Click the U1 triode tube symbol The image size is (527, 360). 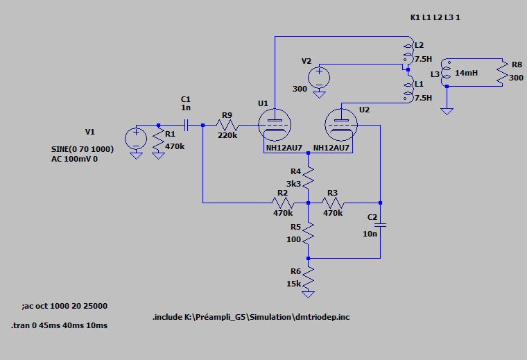click(275, 125)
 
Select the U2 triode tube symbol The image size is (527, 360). click(341, 125)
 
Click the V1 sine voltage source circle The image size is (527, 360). click(136, 139)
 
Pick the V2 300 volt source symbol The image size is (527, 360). click(319, 78)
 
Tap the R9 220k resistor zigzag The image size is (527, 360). click(227, 125)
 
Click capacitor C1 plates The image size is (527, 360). click(186, 125)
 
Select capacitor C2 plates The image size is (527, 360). click(380, 225)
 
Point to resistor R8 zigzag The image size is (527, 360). click(503, 73)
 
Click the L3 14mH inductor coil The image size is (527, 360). click(446, 73)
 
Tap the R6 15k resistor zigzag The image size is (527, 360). click(308, 277)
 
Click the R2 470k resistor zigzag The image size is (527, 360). click(283, 203)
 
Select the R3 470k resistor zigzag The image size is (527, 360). click(333, 203)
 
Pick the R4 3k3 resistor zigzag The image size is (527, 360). click(308, 178)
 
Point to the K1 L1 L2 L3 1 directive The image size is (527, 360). click(435, 17)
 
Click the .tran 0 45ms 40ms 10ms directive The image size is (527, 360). click(60, 325)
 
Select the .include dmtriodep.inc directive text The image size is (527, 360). click(251, 317)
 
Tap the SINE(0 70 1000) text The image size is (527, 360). click(83, 149)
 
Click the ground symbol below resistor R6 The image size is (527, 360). click(308, 295)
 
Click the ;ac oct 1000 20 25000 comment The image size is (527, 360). click(64, 306)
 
